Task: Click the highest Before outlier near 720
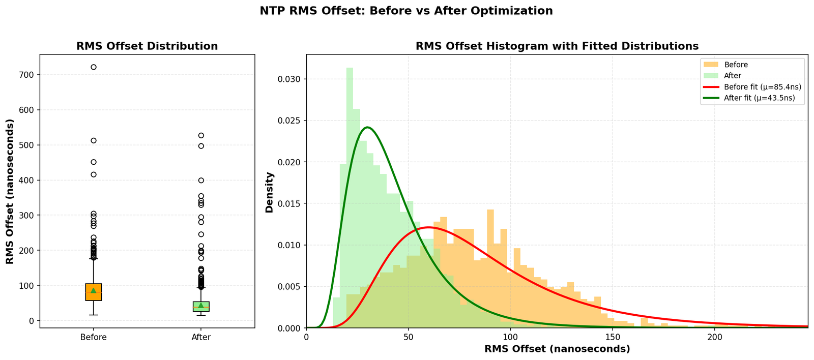pyautogui.click(x=94, y=67)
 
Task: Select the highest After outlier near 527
pyautogui.click(x=201, y=135)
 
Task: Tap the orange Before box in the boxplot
pyautogui.click(x=94, y=292)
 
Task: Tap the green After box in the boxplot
pyautogui.click(x=201, y=307)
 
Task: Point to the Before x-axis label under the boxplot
pyautogui.click(x=94, y=337)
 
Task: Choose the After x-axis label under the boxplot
pyautogui.click(x=201, y=337)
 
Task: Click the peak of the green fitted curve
pyautogui.click(x=367, y=127)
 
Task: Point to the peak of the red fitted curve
pyautogui.click(x=428, y=227)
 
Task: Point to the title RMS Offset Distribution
pyautogui.click(x=147, y=46)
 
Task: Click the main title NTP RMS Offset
pyautogui.click(x=406, y=11)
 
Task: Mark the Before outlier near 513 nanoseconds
pyautogui.click(x=94, y=140)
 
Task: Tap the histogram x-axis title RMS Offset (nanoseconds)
pyautogui.click(x=557, y=349)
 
